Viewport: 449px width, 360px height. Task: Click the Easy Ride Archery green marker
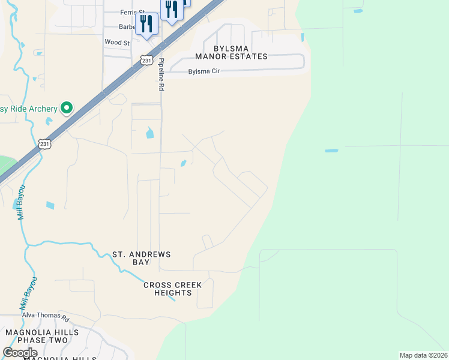(x=67, y=108)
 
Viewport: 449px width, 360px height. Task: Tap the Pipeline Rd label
(x=161, y=75)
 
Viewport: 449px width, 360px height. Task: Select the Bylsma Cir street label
(x=204, y=71)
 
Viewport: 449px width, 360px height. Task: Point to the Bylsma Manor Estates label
(x=231, y=52)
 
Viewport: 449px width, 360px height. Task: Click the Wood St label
(x=117, y=43)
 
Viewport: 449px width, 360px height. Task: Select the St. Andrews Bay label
(x=142, y=258)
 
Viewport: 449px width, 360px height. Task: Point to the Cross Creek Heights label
(x=173, y=289)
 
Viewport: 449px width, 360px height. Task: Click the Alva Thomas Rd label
(x=46, y=314)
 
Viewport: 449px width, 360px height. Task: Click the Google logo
(x=20, y=353)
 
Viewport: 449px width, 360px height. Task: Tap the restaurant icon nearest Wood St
(x=146, y=25)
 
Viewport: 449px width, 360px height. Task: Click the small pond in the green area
(x=331, y=150)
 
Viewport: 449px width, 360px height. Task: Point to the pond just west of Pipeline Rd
(x=149, y=133)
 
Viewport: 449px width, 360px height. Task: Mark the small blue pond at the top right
(x=358, y=11)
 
